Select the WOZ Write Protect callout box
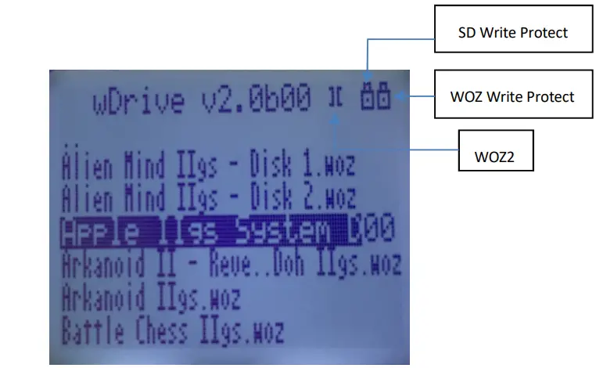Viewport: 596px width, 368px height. [512, 96]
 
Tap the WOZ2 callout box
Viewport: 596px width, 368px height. [495, 155]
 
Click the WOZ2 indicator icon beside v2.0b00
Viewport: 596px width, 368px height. [336, 98]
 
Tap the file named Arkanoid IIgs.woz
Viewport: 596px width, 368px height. [150, 298]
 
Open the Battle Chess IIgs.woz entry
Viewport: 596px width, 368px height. [172, 331]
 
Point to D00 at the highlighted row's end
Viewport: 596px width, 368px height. [372, 229]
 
